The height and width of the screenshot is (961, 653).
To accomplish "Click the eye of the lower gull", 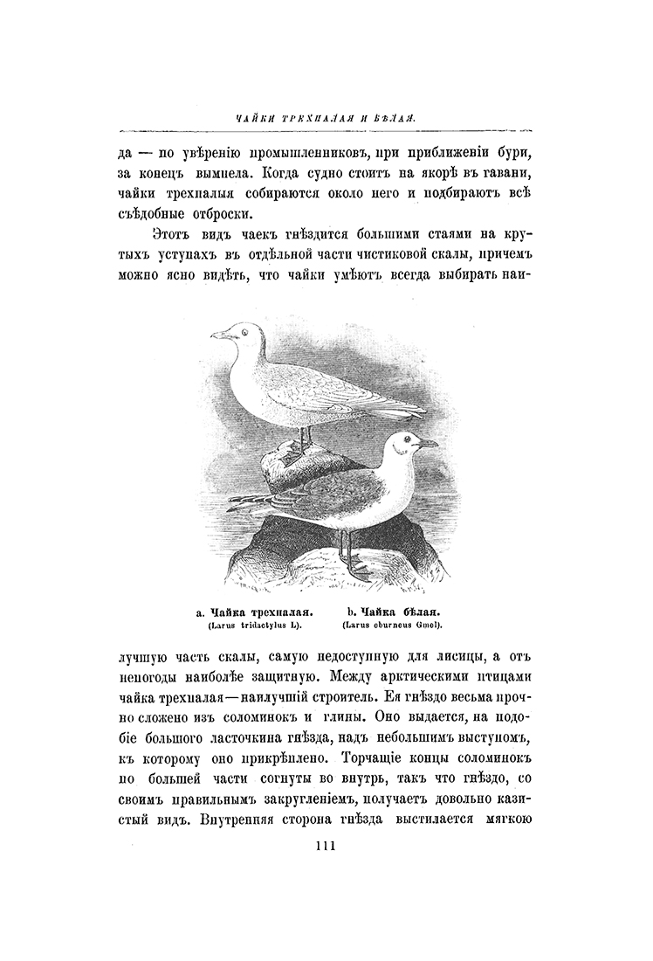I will (x=402, y=442).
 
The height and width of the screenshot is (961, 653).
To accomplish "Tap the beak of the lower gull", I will (x=428, y=445).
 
